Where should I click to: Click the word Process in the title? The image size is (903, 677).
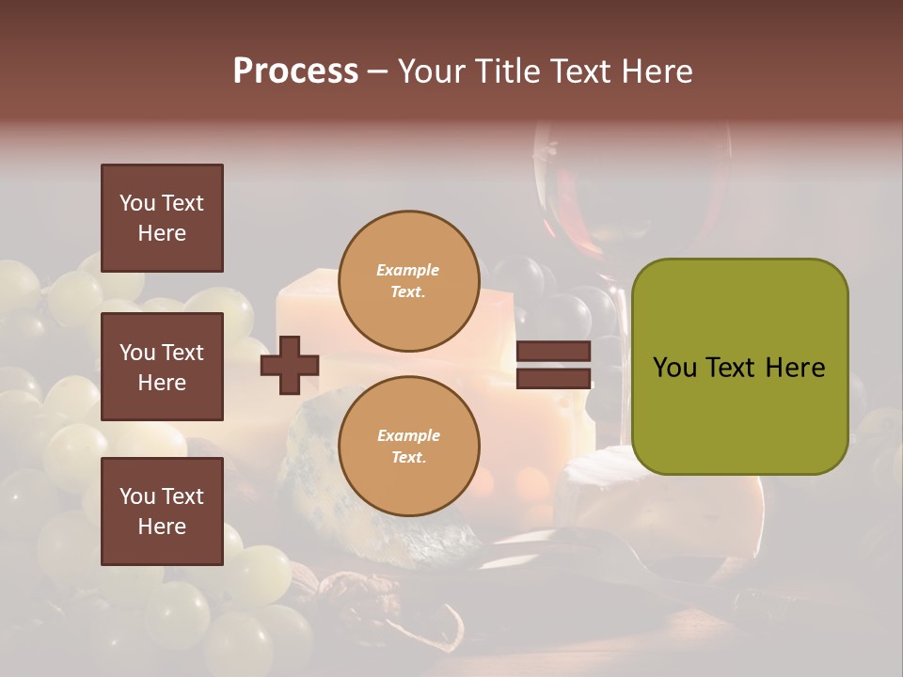(295, 71)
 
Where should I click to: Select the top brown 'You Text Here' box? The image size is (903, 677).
(162, 218)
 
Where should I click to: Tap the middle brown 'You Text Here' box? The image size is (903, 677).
(162, 367)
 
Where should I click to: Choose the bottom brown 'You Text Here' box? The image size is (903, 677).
(162, 512)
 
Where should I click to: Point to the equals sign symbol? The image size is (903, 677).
(554, 365)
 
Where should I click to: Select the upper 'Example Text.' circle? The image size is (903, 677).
(408, 280)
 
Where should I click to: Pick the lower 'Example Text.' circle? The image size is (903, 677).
(408, 446)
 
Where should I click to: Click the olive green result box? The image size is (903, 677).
(739, 367)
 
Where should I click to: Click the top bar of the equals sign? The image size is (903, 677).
(554, 352)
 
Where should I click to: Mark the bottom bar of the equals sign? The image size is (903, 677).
(554, 379)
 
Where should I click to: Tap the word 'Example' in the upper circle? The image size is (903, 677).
(408, 270)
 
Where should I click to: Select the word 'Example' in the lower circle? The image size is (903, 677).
(408, 435)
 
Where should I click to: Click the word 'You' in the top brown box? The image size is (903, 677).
(137, 203)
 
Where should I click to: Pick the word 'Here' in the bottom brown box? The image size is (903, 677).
(162, 527)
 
